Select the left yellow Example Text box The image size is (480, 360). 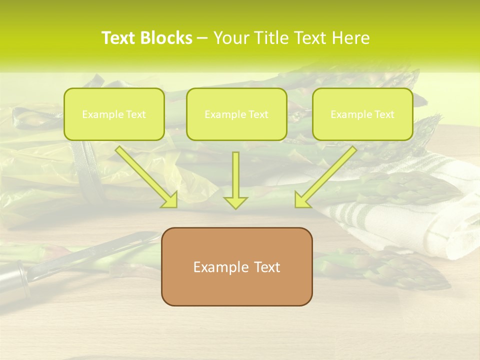(x=114, y=114)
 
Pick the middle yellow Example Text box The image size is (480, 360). (x=236, y=114)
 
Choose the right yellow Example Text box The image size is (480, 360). (x=362, y=114)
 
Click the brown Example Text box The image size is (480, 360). (x=236, y=266)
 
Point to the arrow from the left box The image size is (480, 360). (x=145, y=175)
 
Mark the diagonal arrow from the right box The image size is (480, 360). (x=327, y=175)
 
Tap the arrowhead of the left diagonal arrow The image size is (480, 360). (x=171, y=200)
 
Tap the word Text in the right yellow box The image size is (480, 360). (x=384, y=114)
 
